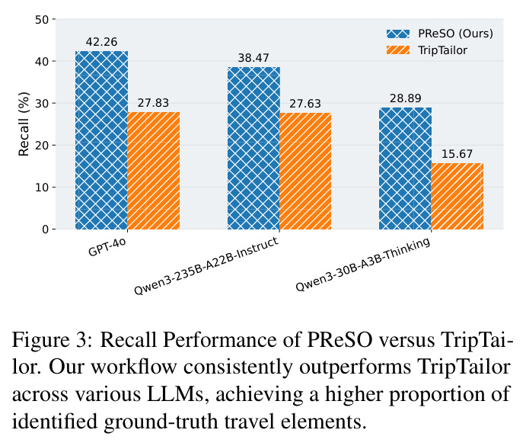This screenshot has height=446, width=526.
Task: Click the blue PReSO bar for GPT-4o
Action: (102, 140)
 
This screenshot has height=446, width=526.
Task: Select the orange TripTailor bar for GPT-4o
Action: (154, 171)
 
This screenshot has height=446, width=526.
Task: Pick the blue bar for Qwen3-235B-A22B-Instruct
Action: (253, 148)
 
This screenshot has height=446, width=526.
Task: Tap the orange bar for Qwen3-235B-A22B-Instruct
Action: (305, 171)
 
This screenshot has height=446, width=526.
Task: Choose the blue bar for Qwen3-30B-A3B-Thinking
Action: (405, 168)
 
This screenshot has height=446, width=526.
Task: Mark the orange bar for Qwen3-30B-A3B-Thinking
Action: (457, 196)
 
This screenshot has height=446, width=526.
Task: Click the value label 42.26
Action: (102, 42)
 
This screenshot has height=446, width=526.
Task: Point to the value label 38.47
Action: (253, 58)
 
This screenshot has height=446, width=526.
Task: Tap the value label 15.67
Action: (457, 154)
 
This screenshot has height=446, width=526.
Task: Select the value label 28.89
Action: (405, 98)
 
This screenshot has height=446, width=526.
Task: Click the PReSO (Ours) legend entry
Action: (440, 34)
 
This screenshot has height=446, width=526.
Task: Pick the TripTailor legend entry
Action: (427, 50)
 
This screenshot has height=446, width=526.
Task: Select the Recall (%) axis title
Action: (24, 124)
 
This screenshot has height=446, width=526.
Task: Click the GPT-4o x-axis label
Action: (107, 247)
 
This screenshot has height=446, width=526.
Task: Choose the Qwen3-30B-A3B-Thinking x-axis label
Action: (363, 265)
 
